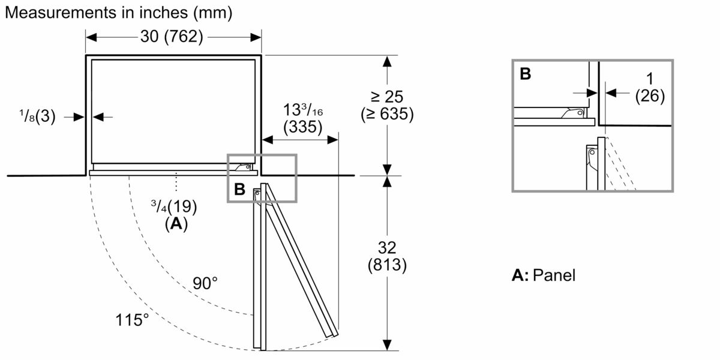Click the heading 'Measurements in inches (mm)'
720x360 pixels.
tap(118, 11)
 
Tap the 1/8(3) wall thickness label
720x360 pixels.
tap(38, 118)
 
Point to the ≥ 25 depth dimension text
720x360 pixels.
tap(387, 97)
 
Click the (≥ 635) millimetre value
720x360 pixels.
tap(387, 114)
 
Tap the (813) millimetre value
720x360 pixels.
tap(388, 265)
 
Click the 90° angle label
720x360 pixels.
tap(205, 283)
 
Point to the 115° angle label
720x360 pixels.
tap(132, 319)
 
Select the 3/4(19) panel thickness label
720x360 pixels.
tap(173, 206)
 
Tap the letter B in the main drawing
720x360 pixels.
tap(239, 189)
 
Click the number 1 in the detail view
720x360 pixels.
tap(649, 79)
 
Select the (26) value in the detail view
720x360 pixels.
tap(649, 96)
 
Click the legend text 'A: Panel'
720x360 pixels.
tap(543, 275)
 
